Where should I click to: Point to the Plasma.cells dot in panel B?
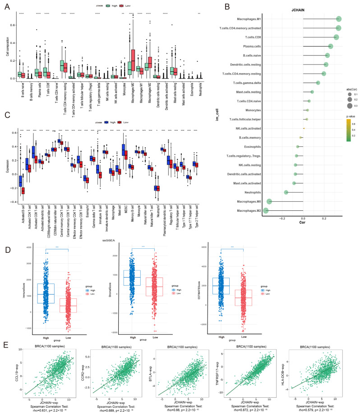331,47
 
